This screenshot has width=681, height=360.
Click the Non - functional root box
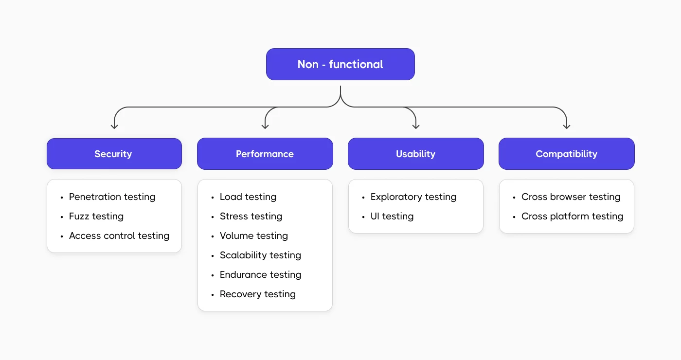[340, 64]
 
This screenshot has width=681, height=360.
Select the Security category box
[114, 154]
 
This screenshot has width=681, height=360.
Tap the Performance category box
[265, 154]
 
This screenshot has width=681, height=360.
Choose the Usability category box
[415, 154]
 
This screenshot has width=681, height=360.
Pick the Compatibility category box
[566, 154]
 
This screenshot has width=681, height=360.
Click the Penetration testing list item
[112, 197]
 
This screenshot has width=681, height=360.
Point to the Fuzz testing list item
[96, 216]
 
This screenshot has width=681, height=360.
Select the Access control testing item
[119, 236]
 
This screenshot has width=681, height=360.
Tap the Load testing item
[248, 197]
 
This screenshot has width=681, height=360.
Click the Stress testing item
[251, 216]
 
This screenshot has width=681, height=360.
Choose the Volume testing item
[254, 236]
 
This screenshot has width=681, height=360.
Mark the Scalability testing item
[260, 255]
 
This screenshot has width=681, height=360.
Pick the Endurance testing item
[260, 275]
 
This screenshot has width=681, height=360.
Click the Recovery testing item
[258, 294]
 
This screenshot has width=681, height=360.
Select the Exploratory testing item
[413, 197]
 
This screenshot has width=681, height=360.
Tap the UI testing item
[392, 216]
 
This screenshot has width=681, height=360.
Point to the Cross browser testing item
[571, 197]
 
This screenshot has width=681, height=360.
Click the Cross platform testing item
[572, 216]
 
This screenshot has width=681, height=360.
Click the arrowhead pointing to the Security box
[114, 126]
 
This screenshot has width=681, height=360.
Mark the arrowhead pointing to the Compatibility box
[566, 126]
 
